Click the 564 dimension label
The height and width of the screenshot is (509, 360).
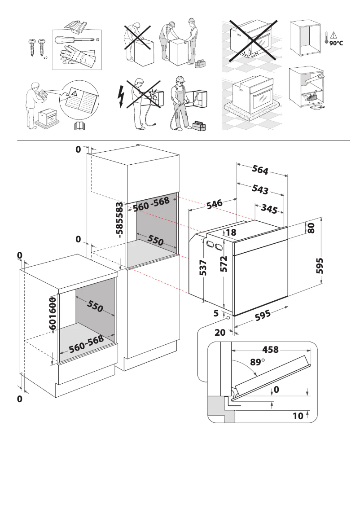[260, 170]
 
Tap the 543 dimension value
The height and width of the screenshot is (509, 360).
[260, 189]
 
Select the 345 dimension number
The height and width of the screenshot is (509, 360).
[269, 209]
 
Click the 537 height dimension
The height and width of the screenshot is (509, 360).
[203, 268]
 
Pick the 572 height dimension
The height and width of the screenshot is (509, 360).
[224, 264]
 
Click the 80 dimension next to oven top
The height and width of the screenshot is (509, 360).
[311, 227]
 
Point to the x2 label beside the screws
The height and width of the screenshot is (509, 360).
[46, 58]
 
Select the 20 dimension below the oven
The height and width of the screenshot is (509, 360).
[220, 333]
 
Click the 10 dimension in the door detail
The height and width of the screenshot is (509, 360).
[298, 416]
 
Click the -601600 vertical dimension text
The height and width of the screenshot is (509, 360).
[53, 315]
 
